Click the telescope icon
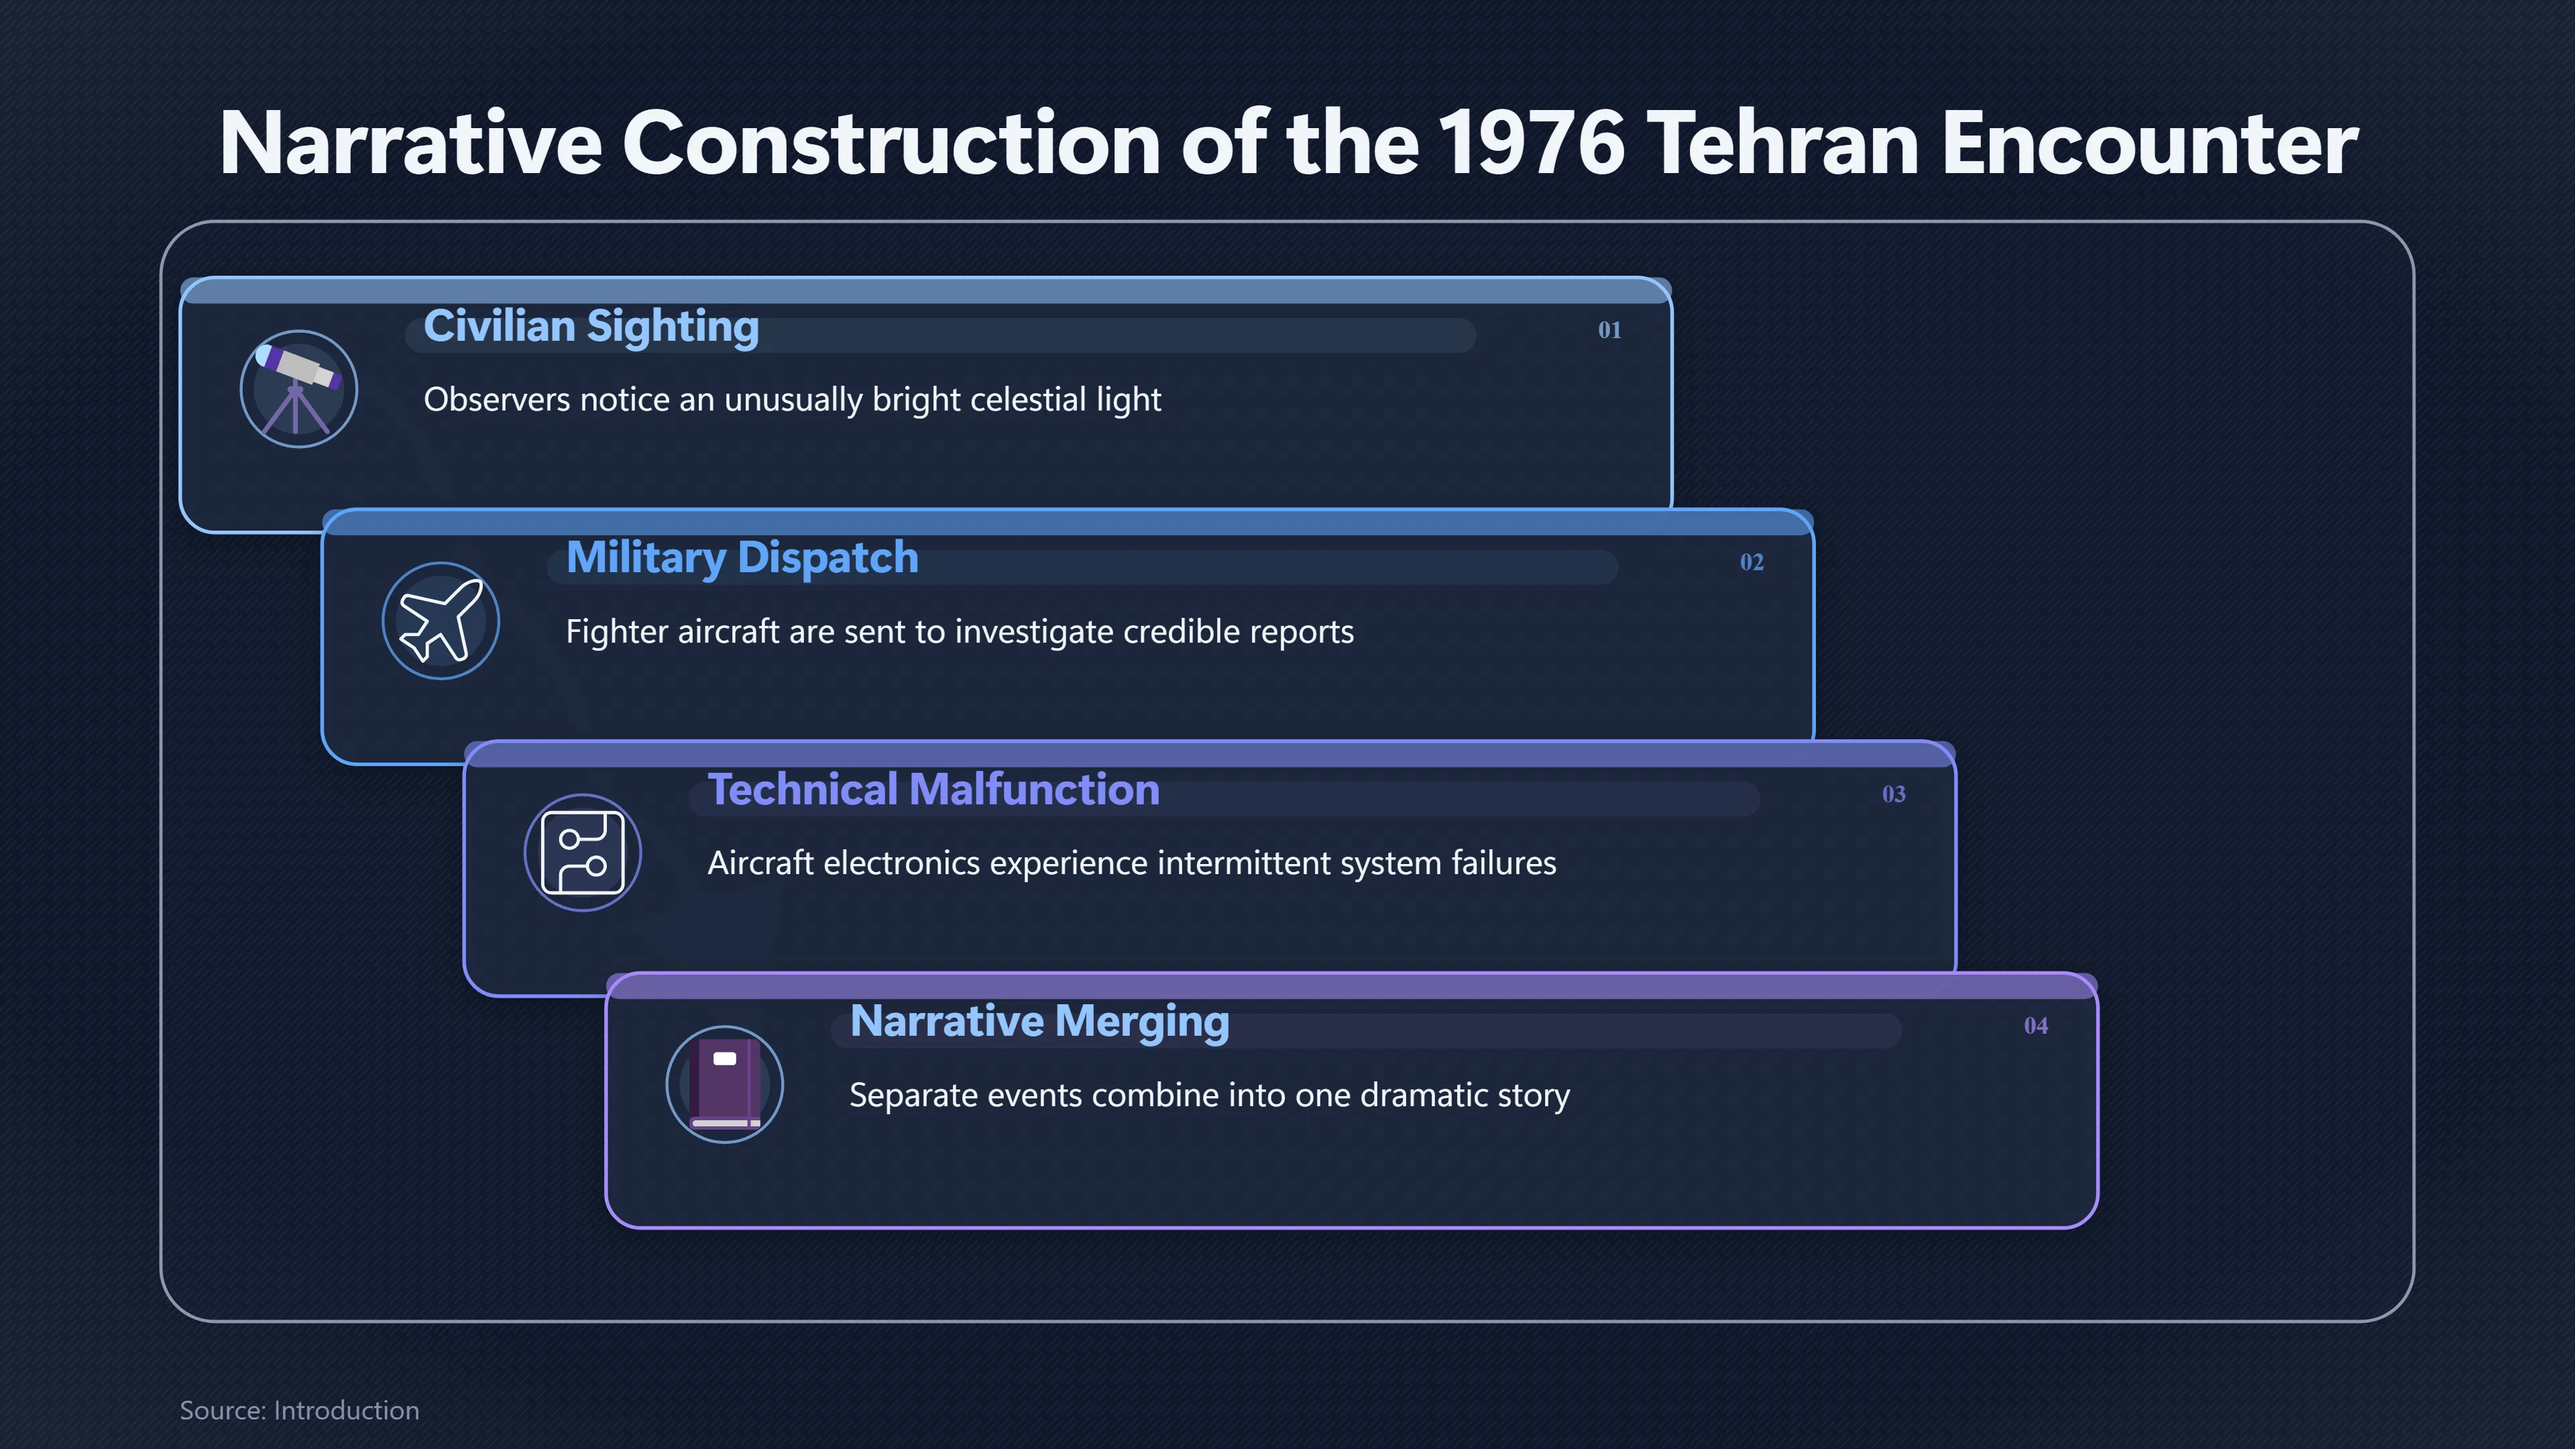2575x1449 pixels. point(298,389)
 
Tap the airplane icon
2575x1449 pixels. point(441,621)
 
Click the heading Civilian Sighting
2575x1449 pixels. point(591,327)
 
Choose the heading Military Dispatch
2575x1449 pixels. point(742,559)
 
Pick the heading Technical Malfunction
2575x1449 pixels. point(933,790)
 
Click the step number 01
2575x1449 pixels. point(1609,330)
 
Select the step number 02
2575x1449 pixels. point(1752,562)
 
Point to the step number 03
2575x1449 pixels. point(1893,794)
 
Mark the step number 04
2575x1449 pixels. point(2035,1026)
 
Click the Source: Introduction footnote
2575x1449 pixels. point(300,1410)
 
